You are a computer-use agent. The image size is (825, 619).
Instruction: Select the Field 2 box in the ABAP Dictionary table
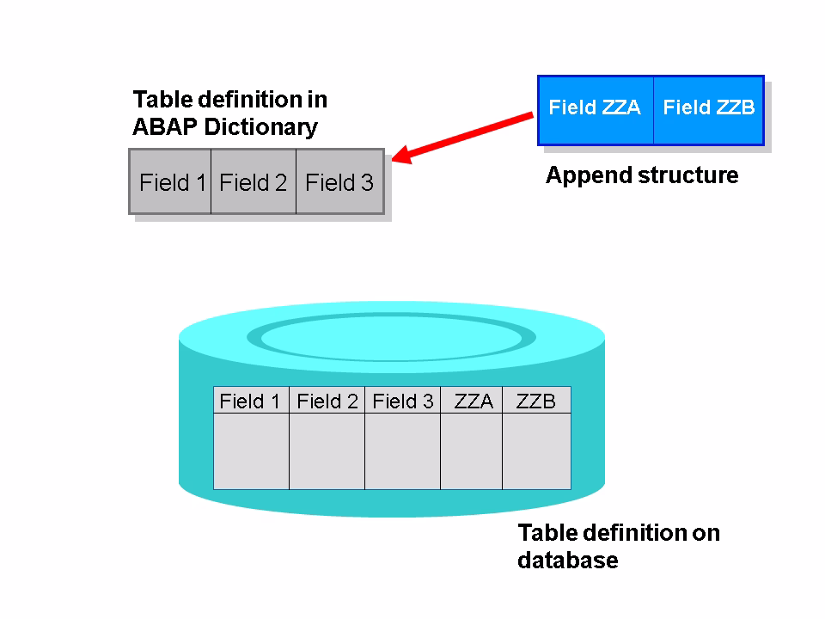(253, 182)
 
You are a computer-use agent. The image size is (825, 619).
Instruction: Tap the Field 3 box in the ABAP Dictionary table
(339, 182)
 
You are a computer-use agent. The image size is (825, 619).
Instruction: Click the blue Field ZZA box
(595, 108)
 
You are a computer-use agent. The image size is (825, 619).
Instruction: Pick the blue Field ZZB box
(709, 108)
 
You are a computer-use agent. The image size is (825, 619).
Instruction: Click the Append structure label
(642, 175)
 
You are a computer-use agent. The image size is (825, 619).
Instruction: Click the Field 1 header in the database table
(250, 401)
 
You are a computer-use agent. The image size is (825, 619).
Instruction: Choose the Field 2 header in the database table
(327, 401)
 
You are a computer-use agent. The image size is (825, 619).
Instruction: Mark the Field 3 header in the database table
(402, 401)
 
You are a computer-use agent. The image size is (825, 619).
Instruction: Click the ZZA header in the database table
(472, 401)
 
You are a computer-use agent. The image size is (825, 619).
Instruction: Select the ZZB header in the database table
(536, 401)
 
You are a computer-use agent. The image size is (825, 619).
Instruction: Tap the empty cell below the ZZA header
(471, 451)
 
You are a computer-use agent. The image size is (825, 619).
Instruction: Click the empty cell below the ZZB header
(536, 451)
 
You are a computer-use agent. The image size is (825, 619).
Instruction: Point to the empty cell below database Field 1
(251, 451)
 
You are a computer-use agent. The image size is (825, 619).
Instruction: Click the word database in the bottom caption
(567, 561)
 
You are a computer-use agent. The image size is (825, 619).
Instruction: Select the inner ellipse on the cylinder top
(392, 337)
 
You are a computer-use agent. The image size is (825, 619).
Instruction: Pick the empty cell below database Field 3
(402, 451)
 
